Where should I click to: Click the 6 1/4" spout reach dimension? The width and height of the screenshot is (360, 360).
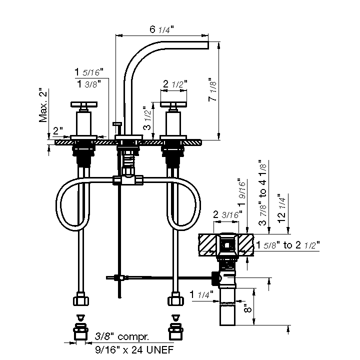(161, 29)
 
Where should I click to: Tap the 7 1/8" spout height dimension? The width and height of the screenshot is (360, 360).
(212, 90)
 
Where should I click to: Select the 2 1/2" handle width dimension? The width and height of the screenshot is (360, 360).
(174, 84)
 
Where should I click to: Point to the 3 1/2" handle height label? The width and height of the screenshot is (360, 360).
(147, 118)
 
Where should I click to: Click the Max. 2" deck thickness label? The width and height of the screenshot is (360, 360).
(43, 105)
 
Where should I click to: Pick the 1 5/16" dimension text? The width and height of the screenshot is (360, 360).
(89, 72)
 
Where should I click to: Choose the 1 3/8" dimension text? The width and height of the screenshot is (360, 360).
(89, 84)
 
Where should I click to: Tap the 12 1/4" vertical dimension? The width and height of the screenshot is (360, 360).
(281, 208)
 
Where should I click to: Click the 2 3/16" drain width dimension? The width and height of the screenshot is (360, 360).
(227, 214)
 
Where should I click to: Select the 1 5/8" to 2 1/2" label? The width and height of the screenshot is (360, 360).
(288, 245)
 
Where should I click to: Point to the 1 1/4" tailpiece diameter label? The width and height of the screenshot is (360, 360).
(201, 294)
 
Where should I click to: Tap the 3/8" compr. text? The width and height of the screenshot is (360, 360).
(122, 336)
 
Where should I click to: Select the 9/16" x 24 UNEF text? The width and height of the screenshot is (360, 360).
(134, 350)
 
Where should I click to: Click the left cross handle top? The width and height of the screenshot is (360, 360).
(84, 104)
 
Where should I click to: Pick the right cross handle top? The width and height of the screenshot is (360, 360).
(173, 104)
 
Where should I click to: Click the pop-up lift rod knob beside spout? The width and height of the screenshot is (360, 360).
(117, 124)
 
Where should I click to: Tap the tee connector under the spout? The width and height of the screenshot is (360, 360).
(128, 180)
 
